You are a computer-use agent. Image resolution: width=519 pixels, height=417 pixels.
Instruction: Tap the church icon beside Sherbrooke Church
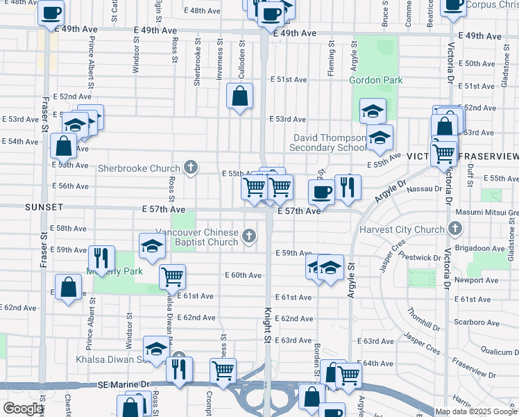pyautogui.click(x=191, y=167)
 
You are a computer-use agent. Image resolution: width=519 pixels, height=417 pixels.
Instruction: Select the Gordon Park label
pyautogui.click(x=376, y=80)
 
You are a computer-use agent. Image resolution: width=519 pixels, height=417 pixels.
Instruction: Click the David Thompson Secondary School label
pyautogui.click(x=328, y=143)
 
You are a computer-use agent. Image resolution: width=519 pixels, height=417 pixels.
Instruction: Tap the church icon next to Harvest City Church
pyautogui.click(x=454, y=229)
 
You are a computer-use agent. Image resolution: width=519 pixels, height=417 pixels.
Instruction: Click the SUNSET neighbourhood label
pyautogui.click(x=44, y=207)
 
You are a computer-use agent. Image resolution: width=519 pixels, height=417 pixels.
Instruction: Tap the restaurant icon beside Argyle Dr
pyautogui.click(x=346, y=187)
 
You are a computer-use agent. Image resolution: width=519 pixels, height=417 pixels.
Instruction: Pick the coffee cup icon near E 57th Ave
pyautogui.click(x=321, y=191)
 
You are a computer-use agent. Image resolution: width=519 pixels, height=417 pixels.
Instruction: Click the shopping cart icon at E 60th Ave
pyautogui.click(x=172, y=276)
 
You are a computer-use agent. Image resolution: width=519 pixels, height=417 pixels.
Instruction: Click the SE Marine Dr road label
pyautogui.click(x=123, y=384)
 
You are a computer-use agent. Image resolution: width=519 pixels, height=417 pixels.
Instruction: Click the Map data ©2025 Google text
pyautogui.click(x=475, y=411)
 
